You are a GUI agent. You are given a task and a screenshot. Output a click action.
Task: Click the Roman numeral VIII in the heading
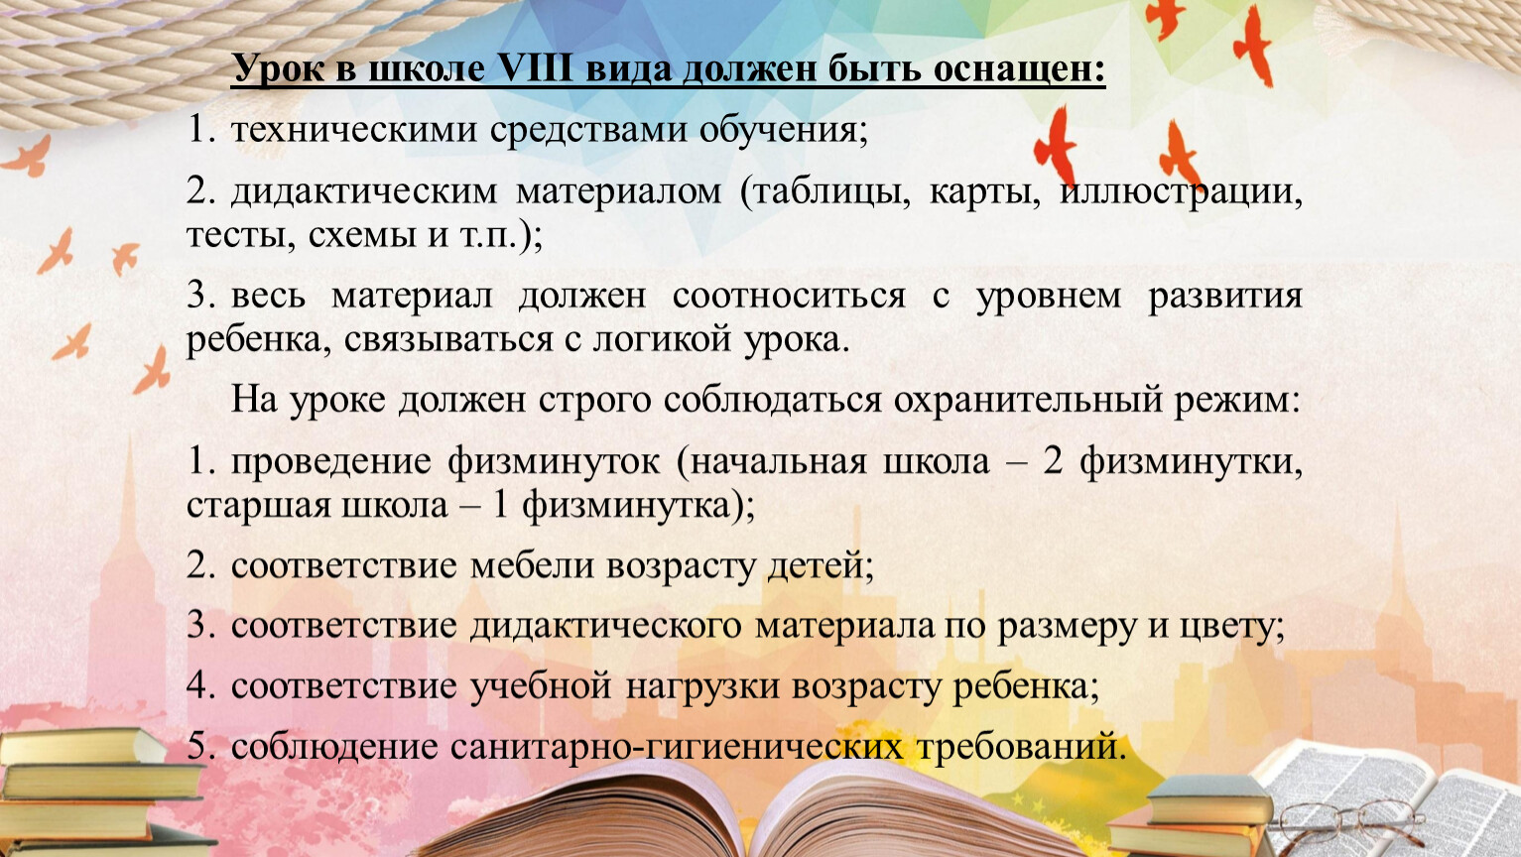click(x=536, y=68)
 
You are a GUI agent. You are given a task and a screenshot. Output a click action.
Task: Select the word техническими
click(x=354, y=129)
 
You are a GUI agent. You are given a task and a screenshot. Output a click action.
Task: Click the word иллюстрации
click(x=1181, y=192)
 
